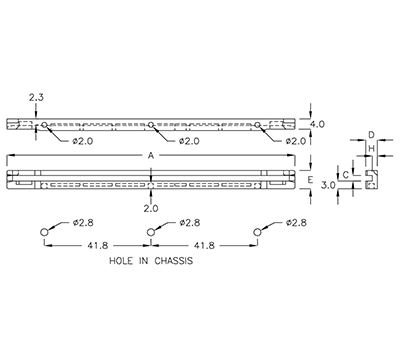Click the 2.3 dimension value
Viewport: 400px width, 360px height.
pos(35,97)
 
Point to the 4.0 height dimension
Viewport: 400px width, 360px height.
pos(318,125)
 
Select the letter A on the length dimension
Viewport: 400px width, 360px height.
pos(150,156)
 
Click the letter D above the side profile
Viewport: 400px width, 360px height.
pos(370,133)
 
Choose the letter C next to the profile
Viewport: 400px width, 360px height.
pos(346,175)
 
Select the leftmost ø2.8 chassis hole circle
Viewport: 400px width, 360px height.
pos(45,233)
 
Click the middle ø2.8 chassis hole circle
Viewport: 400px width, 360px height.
pos(150,233)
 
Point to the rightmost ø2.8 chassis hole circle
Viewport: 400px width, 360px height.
pos(256,233)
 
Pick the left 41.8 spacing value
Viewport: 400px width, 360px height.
pos(99,245)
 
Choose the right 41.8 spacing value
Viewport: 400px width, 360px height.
pos(203,245)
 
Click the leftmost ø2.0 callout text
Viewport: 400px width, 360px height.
pos(83,141)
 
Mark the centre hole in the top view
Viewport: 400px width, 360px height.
pos(150,126)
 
